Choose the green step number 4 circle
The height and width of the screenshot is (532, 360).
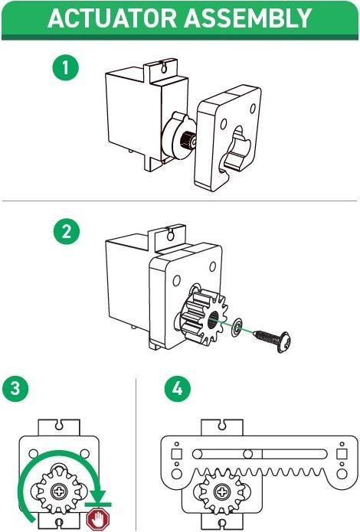(x=177, y=388)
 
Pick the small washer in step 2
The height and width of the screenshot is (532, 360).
(x=239, y=327)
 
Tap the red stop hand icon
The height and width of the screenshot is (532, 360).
(x=97, y=521)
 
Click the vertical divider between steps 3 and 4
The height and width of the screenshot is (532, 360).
(x=136, y=452)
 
